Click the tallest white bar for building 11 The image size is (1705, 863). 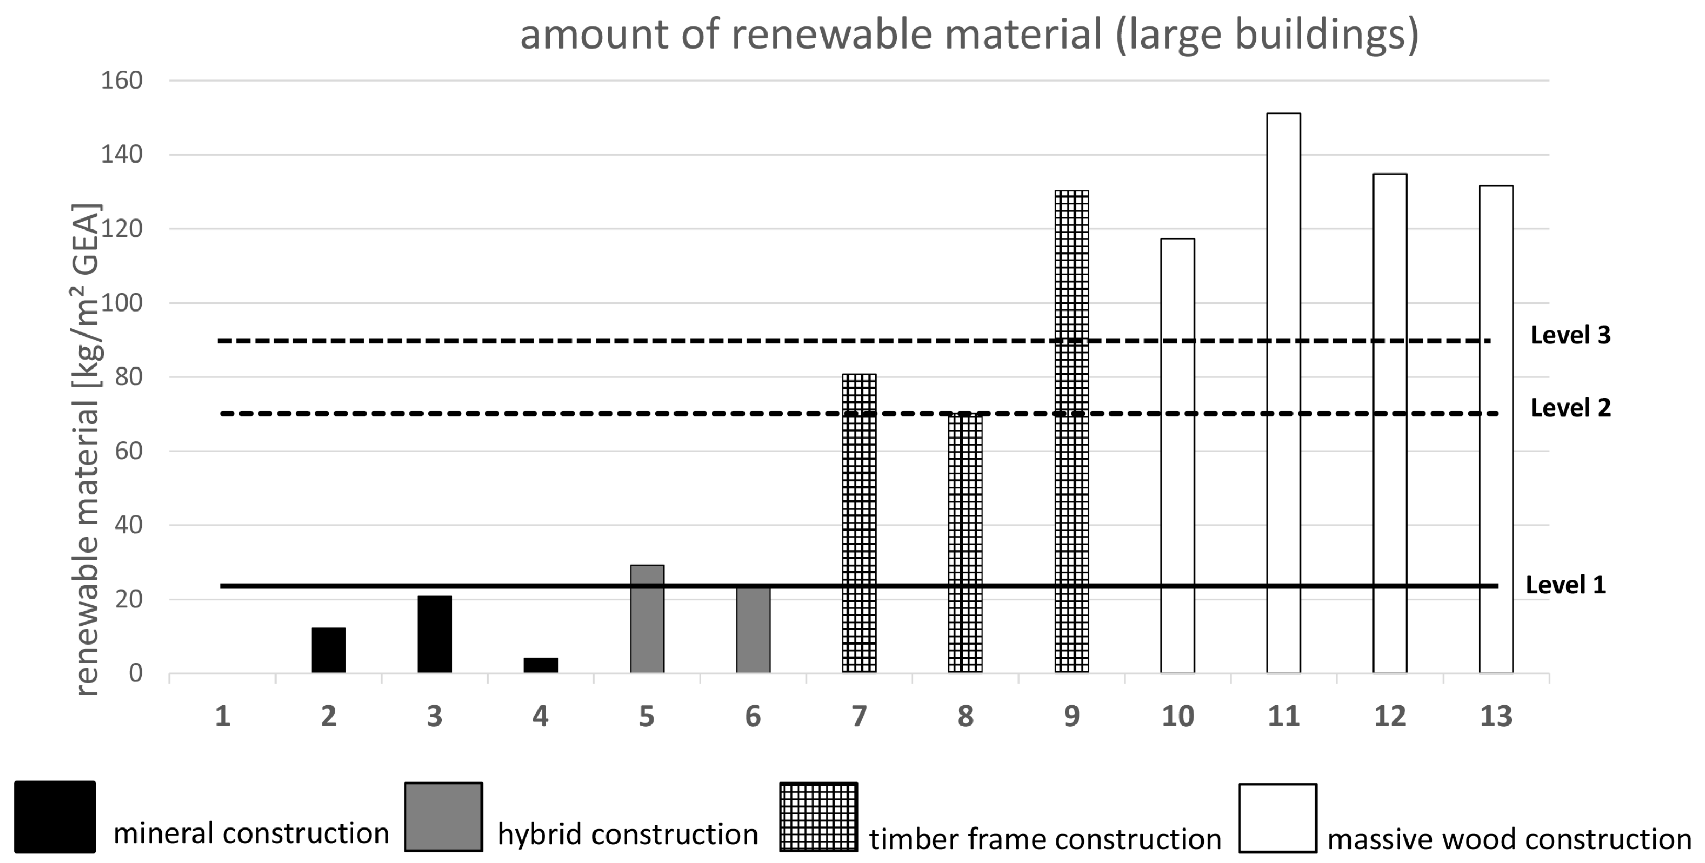click(x=1284, y=393)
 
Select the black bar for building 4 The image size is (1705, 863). click(x=541, y=665)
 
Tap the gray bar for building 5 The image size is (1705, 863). click(x=647, y=619)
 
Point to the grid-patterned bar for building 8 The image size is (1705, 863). click(x=965, y=543)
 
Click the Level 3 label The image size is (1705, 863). click(x=1570, y=336)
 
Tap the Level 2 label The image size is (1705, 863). click(x=1570, y=408)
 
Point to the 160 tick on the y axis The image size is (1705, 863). click(x=122, y=80)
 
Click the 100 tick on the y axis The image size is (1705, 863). click(x=122, y=303)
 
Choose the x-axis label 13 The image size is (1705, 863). click(x=1496, y=716)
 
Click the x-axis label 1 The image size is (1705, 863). click(x=222, y=716)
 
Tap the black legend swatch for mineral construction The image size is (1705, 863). click(x=55, y=816)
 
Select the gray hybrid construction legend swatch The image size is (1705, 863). click(x=443, y=816)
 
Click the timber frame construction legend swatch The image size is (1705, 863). click(x=818, y=816)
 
